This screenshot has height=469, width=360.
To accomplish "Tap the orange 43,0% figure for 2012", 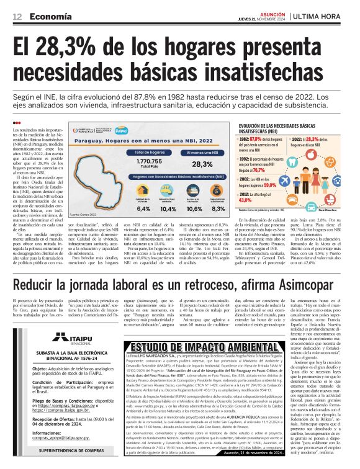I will [x=246, y=200].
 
